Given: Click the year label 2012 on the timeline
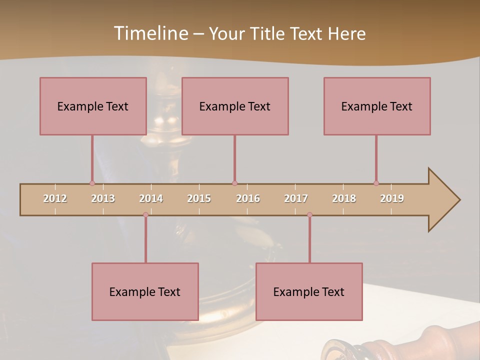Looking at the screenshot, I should tap(55, 198).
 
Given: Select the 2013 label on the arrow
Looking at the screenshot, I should tap(103, 198).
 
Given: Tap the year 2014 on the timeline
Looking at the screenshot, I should tap(151, 198).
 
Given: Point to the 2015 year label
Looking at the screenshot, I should tap(199, 198).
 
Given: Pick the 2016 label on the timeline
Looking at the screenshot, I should tap(248, 198).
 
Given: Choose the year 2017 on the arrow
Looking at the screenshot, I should tap(296, 198).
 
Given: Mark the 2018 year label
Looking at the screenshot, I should tap(344, 198).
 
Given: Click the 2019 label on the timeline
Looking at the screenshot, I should tap(392, 198).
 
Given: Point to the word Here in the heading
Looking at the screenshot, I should tap(346, 33).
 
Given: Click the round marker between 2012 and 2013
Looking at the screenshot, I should tap(92, 183).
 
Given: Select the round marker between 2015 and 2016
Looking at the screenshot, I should tap(234, 183).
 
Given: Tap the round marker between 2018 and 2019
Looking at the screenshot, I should tap(376, 183).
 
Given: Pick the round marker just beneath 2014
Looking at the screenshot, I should tap(145, 214).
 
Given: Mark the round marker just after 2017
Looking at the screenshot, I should tap(309, 214).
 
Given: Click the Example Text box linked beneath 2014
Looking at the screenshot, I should tap(145, 291).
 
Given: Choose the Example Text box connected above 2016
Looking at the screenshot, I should tap(235, 106).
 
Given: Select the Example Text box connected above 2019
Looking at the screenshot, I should tap(377, 106).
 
